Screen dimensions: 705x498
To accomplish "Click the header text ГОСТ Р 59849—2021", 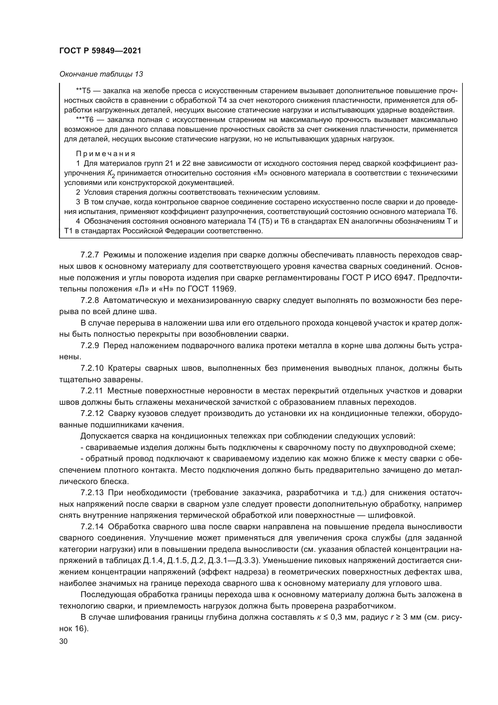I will pos(100,51).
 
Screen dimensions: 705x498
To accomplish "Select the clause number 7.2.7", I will pos(89,255).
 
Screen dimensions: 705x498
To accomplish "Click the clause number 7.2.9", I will pos(89,346).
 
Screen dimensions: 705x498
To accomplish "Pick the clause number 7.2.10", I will pos(92,368).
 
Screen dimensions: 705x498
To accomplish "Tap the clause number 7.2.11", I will pos(92,391).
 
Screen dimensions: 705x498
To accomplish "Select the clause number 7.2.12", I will pos(92,414).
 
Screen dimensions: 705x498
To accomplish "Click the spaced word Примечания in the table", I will pos(106,153).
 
